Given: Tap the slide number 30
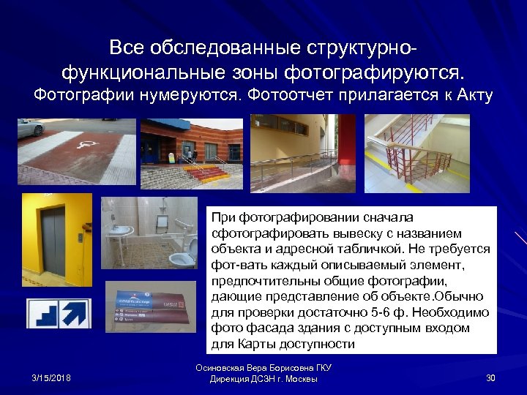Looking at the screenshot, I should [x=490, y=377].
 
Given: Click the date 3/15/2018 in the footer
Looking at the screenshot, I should [x=51, y=377].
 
